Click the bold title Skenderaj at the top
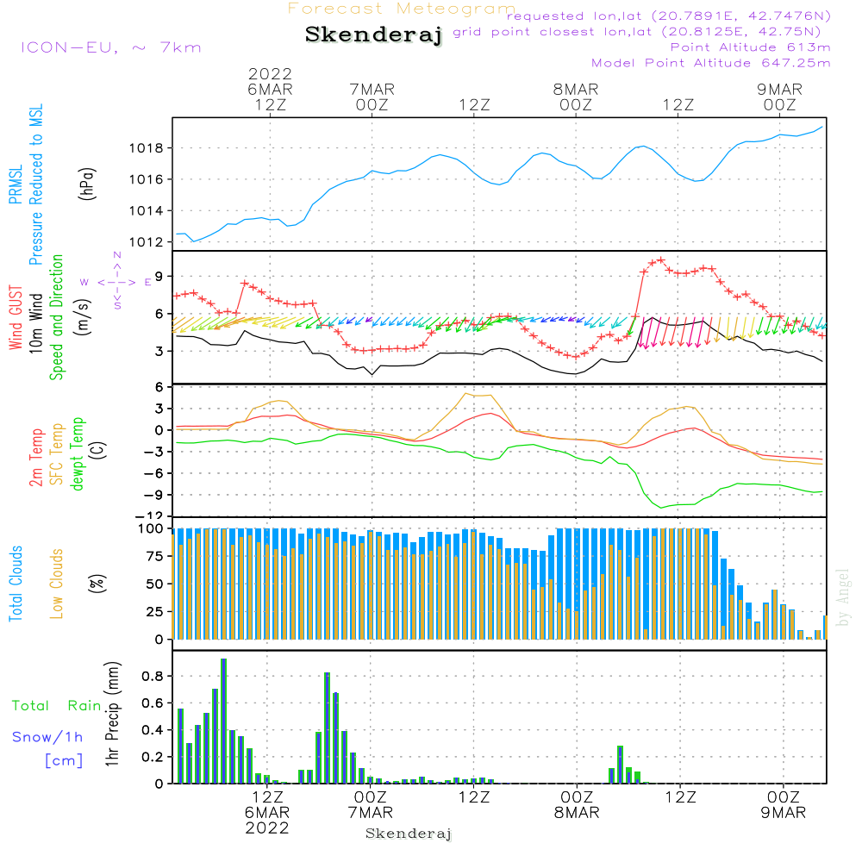point(373,35)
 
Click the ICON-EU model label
point(110,47)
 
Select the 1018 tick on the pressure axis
point(146,148)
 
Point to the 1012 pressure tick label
point(146,242)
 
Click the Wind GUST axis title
point(16,319)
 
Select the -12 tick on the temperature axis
point(155,515)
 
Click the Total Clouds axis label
point(16,584)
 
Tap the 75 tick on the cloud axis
point(152,557)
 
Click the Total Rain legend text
point(54,706)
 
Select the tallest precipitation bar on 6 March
point(223,721)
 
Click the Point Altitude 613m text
point(750,47)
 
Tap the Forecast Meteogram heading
point(402,9)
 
